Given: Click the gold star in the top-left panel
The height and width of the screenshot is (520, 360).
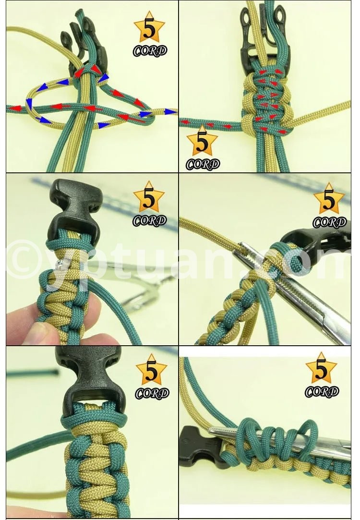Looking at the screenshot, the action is (x=149, y=28).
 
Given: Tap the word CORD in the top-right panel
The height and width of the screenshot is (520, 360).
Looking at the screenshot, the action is (x=203, y=164).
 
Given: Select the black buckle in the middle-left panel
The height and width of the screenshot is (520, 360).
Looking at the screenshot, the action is (x=74, y=213).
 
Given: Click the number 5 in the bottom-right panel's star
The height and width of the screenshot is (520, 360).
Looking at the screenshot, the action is (x=321, y=370).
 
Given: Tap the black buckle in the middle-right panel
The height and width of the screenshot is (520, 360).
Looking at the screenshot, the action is (x=318, y=248).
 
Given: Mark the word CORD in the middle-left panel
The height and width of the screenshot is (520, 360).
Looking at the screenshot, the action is (x=149, y=220).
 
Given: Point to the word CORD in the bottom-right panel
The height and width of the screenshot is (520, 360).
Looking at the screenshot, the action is (x=322, y=392).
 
